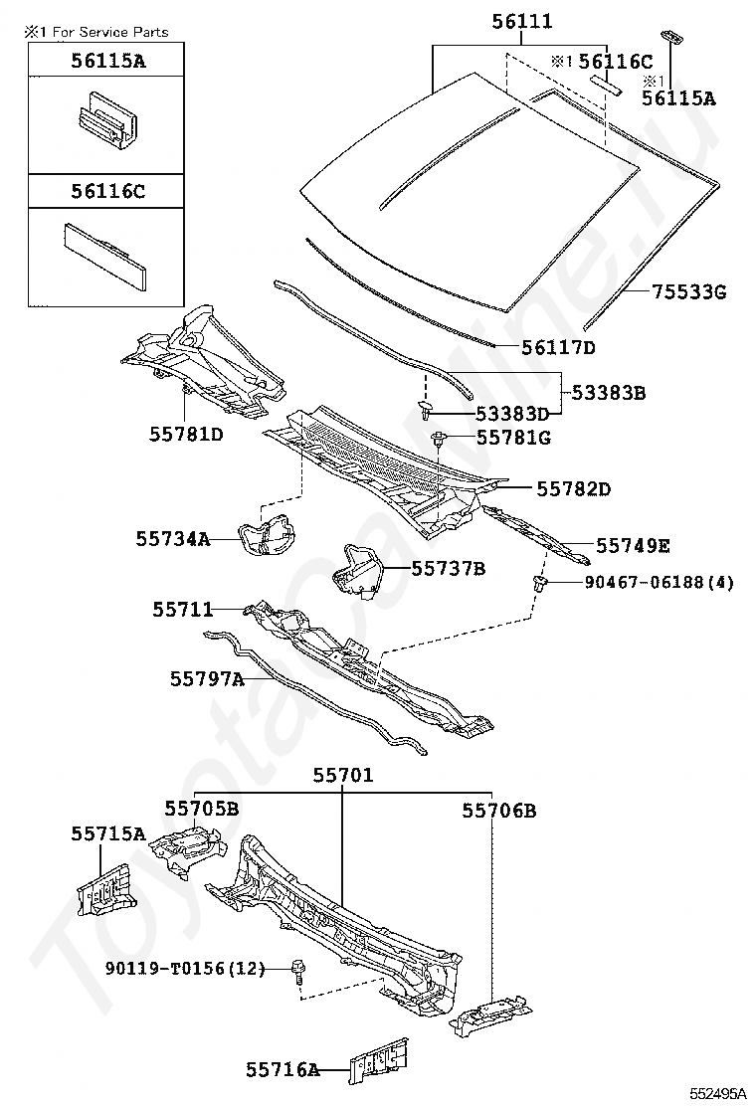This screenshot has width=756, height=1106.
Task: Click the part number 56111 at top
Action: (x=522, y=22)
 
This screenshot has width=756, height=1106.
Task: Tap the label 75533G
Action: (x=688, y=291)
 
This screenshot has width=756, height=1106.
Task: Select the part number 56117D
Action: (x=558, y=347)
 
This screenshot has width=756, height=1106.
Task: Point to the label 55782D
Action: (x=573, y=488)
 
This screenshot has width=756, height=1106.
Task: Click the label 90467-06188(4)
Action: (x=659, y=582)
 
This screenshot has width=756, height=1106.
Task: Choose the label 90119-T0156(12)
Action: (x=185, y=969)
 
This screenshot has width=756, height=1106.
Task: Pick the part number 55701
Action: (x=343, y=775)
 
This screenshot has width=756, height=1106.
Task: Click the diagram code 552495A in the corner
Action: (x=717, y=1093)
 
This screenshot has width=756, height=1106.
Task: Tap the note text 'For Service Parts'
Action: (x=123, y=32)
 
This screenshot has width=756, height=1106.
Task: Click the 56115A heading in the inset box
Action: (x=107, y=61)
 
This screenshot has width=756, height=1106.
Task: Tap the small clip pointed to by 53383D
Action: (x=426, y=410)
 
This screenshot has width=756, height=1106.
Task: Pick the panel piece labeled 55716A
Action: (x=379, y=1059)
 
